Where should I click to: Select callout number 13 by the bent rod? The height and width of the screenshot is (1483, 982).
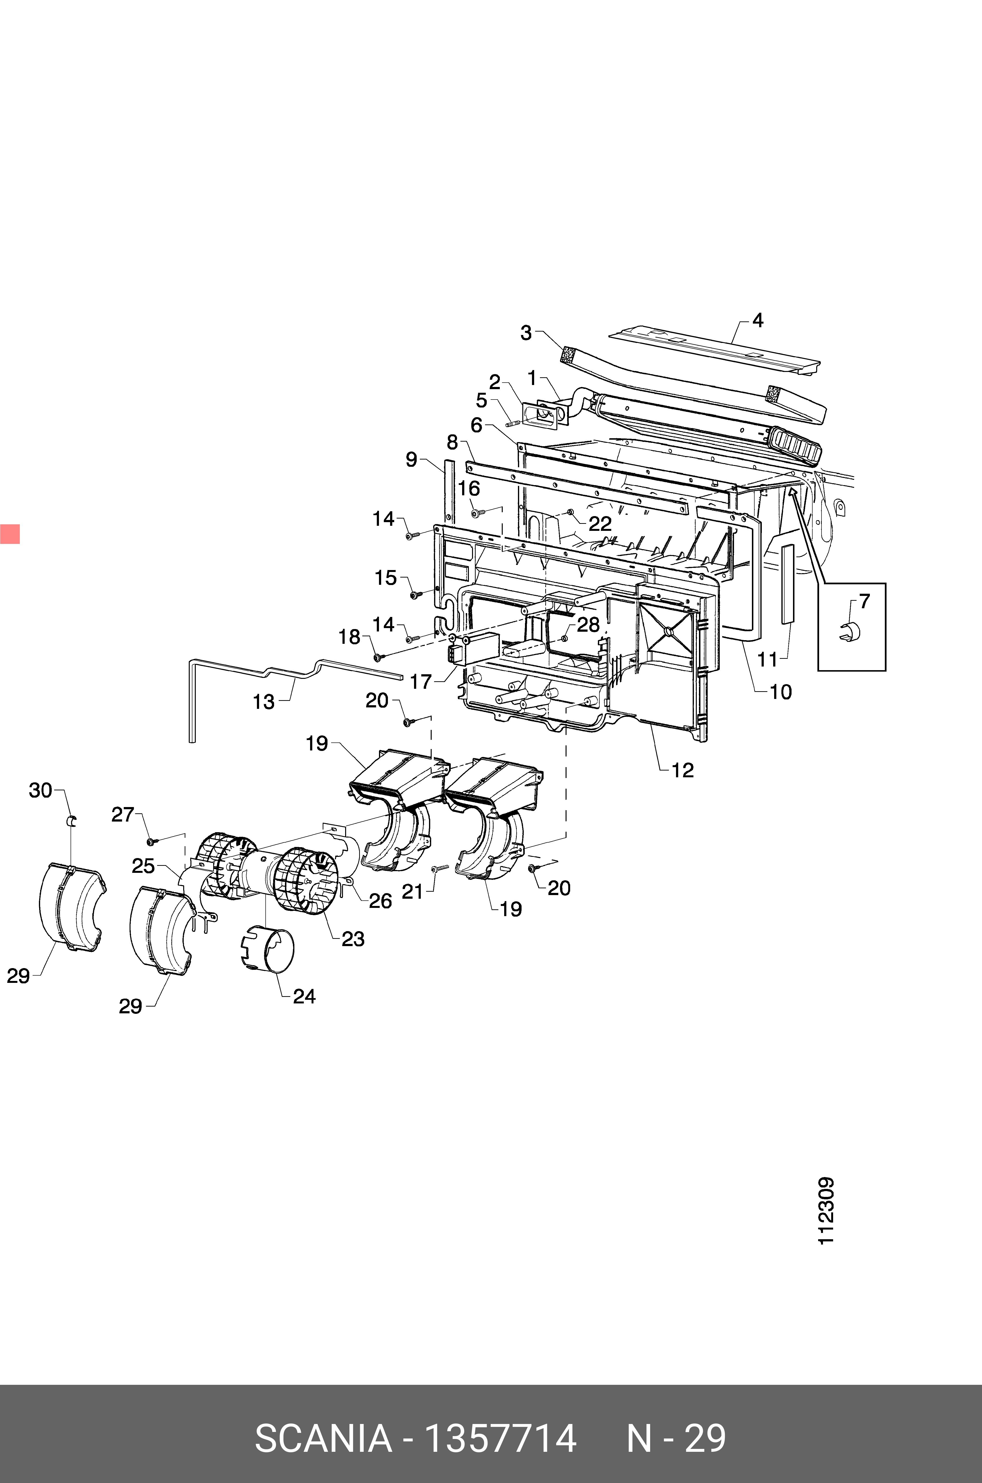pyautogui.click(x=264, y=702)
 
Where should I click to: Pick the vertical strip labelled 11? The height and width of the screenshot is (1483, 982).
pyautogui.click(x=787, y=583)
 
